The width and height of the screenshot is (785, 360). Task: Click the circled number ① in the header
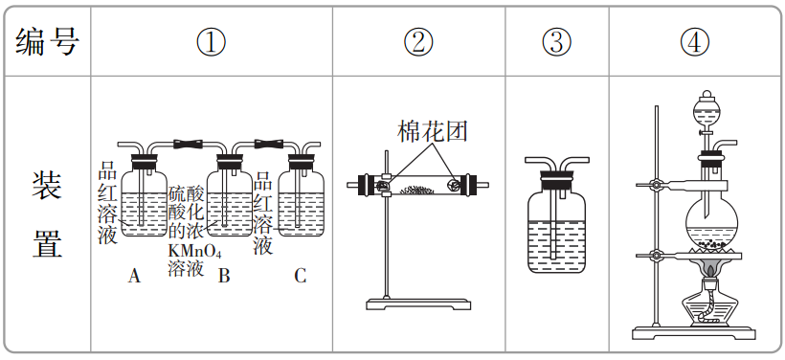pyautogui.click(x=211, y=42)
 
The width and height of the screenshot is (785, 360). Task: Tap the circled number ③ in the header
pyautogui.click(x=556, y=42)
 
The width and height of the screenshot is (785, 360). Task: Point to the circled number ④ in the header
pyautogui.click(x=696, y=42)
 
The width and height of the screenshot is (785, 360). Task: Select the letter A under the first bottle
pyautogui.click(x=134, y=277)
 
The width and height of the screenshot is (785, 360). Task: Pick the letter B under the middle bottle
pyautogui.click(x=224, y=277)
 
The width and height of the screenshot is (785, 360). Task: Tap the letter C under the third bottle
pyautogui.click(x=300, y=277)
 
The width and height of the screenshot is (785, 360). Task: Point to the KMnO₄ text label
pyautogui.click(x=194, y=252)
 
